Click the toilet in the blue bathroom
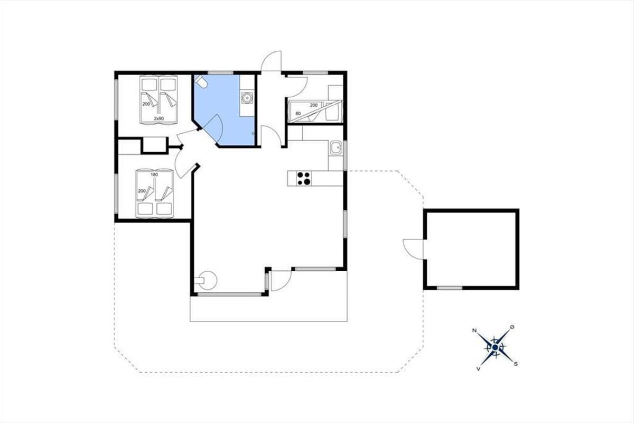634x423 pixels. pos(201,81)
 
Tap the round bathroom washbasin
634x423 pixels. pos(247,98)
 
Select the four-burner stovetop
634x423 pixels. pos(304,179)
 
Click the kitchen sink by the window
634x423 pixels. pos(336,148)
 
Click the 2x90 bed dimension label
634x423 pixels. pos(159,118)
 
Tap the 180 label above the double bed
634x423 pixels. pos(154,174)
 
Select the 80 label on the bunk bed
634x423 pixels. pos(298,114)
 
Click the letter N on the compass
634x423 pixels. pos(474,330)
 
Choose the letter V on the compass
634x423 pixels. pos(478,369)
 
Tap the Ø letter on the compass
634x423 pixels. pos(512,327)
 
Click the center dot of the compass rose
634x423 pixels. pos(495,347)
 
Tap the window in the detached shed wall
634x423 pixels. pos(450,288)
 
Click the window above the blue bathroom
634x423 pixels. pos(221,73)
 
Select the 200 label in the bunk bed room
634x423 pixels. pos(314,105)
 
